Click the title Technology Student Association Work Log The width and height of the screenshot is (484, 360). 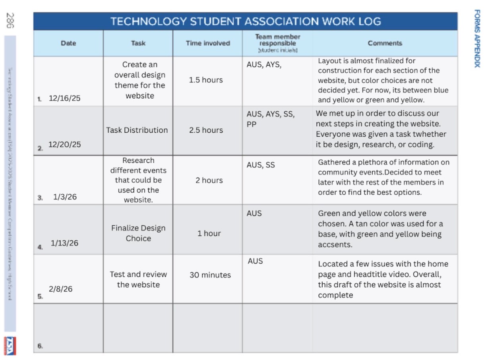click(x=245, y=21)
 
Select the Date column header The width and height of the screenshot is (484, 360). click(x=68, y=43)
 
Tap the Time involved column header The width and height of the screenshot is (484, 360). click(x=208, y=43)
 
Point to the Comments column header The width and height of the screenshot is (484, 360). click(x=385, y=43)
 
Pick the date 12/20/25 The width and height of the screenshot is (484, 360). click(x=64, y=145)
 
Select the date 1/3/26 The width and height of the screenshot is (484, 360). click(x=65, y=197)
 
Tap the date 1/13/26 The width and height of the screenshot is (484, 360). click(x=64, y=243)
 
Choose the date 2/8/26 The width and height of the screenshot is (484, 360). click(x=61, y=289)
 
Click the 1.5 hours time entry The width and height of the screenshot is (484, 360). click(x=206, y=80)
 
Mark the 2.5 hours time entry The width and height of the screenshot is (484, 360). click(x=206, y=130)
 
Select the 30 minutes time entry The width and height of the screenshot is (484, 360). click(x=210, y=275)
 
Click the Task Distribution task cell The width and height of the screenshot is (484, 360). click(x=137, y=130)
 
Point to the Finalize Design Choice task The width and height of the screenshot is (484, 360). click(x=138, y=233)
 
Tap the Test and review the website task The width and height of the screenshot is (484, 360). click(x=138, y=279)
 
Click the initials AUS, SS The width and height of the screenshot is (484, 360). click(x=261, y=165)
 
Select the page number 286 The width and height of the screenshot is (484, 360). click(x=10, y=20)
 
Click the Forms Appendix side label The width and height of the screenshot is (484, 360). click(x=477, y=39)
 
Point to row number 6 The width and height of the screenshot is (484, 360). click(x=40, y=346)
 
